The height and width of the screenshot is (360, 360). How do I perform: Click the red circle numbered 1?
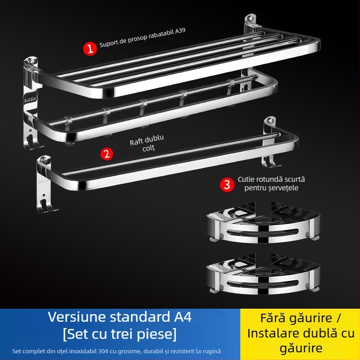[x=90, y=48]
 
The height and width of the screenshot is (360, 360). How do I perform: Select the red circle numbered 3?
[x=227, y=184]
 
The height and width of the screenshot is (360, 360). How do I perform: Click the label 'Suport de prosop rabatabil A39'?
[x=142, y=38]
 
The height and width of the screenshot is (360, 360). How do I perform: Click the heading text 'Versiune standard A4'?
[x=120, y=317]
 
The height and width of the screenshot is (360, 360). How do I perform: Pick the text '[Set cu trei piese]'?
[x=120, y=334]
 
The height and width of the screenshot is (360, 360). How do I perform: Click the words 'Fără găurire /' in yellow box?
[x=300, y=318]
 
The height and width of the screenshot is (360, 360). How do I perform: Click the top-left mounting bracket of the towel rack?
[x=31, y=63]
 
